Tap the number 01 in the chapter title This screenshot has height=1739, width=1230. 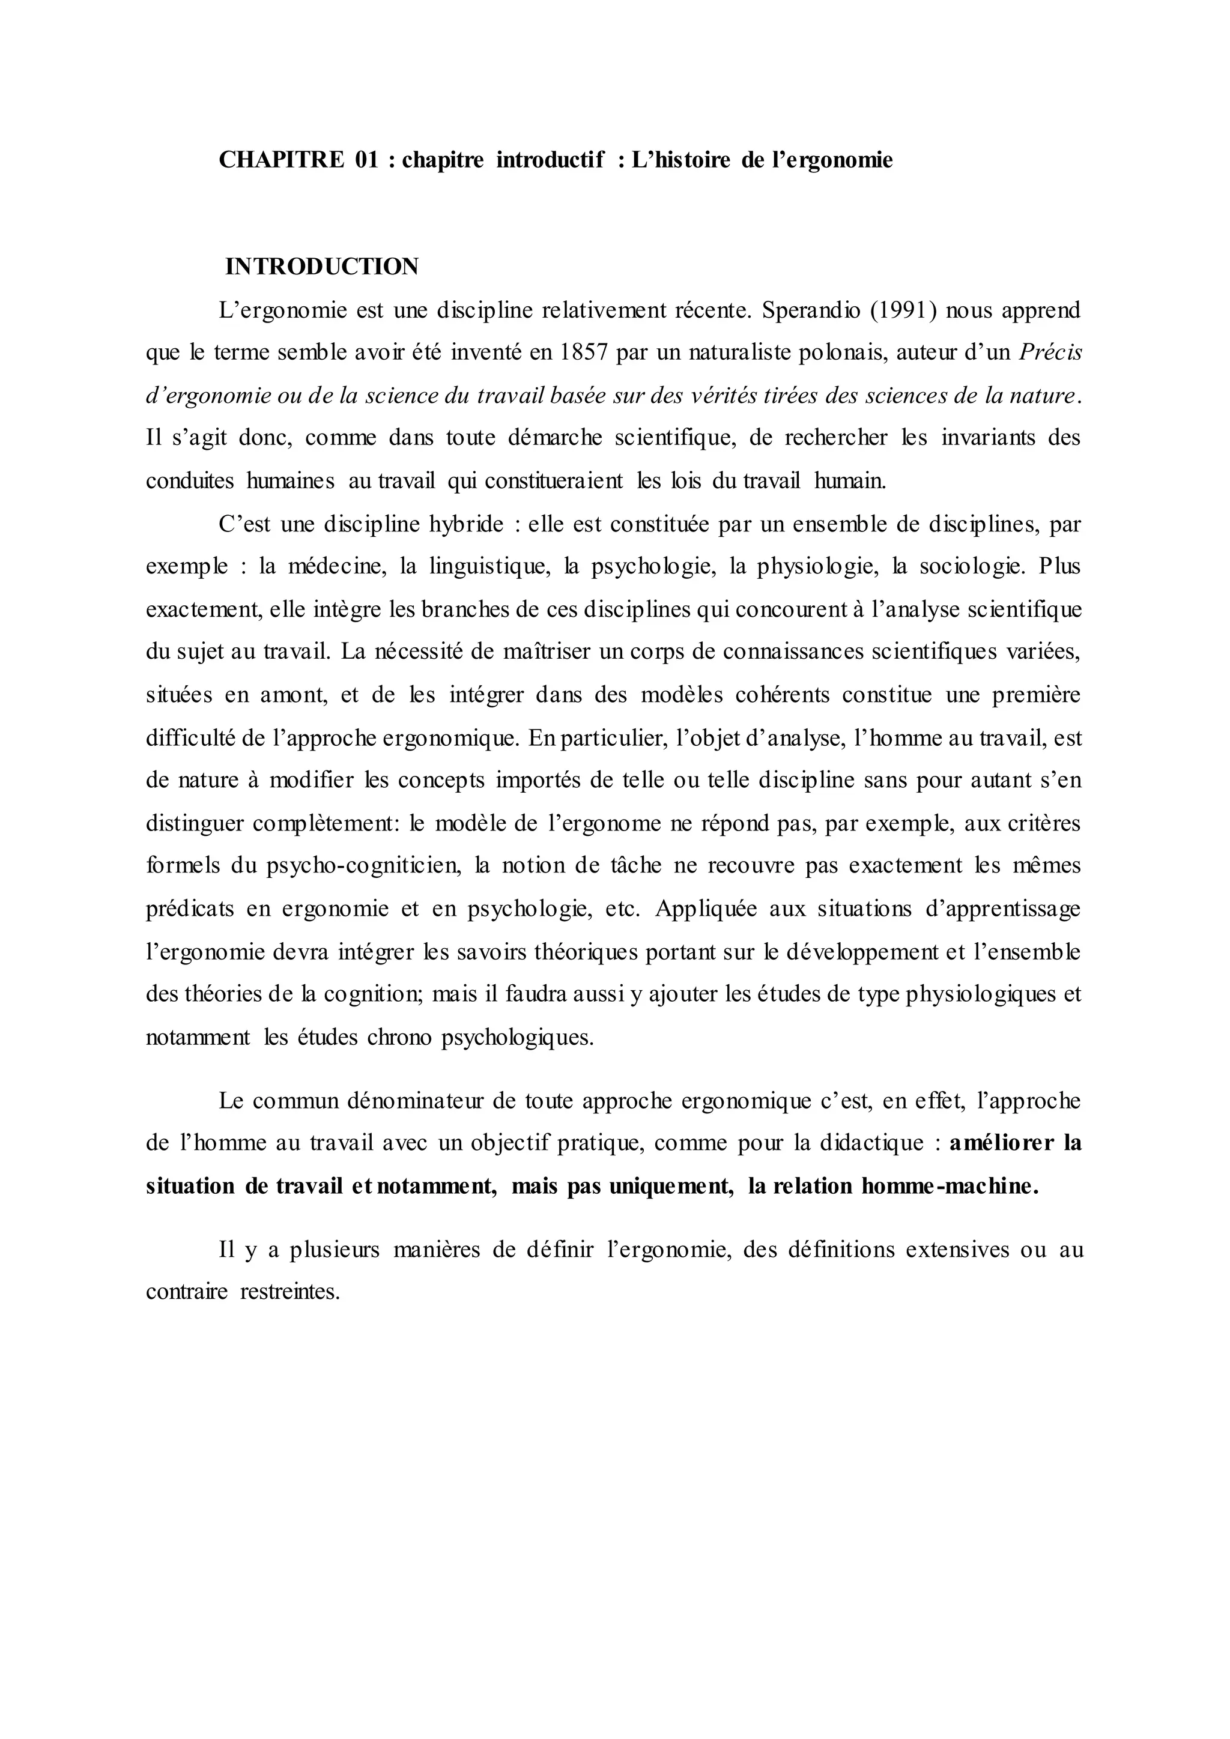pos(366,160)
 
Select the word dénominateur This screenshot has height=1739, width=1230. pos(414,1101)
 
